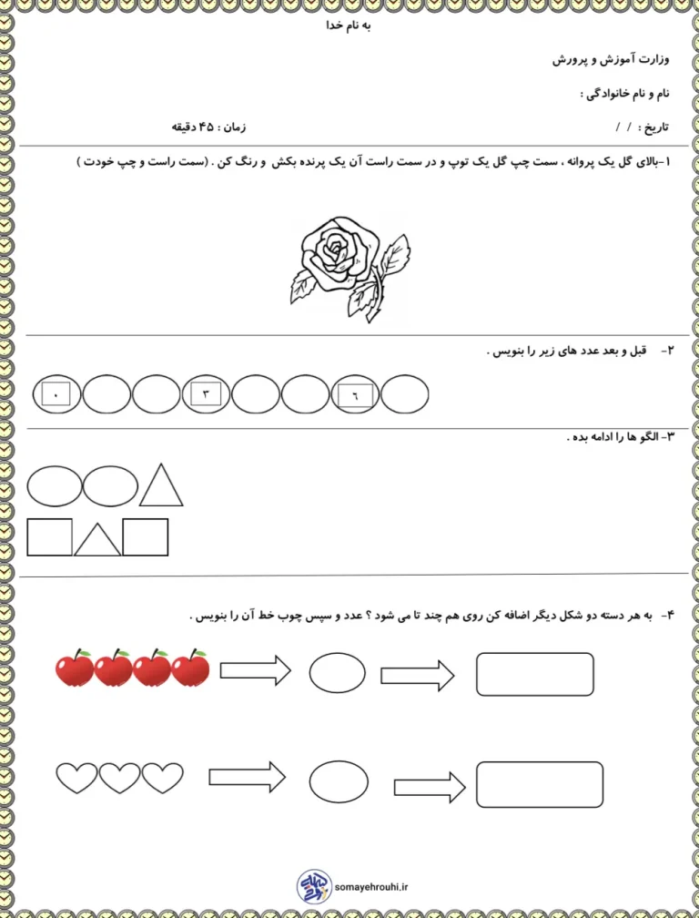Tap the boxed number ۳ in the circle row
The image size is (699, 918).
(206, 394)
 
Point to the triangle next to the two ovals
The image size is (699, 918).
(162, 486)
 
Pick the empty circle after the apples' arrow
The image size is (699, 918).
(337, 673)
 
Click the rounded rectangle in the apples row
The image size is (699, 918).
(535, 674)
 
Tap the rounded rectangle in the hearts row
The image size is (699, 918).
(539, 784)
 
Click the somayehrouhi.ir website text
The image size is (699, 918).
(372, 884)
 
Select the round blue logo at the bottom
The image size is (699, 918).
(314, 884)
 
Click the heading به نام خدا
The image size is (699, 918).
(349, 25)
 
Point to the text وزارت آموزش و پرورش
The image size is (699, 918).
(612, 60)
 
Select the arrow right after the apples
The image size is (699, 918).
(256, 672)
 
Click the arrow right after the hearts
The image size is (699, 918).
(247, 777)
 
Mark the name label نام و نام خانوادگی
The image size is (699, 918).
(626, 94)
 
